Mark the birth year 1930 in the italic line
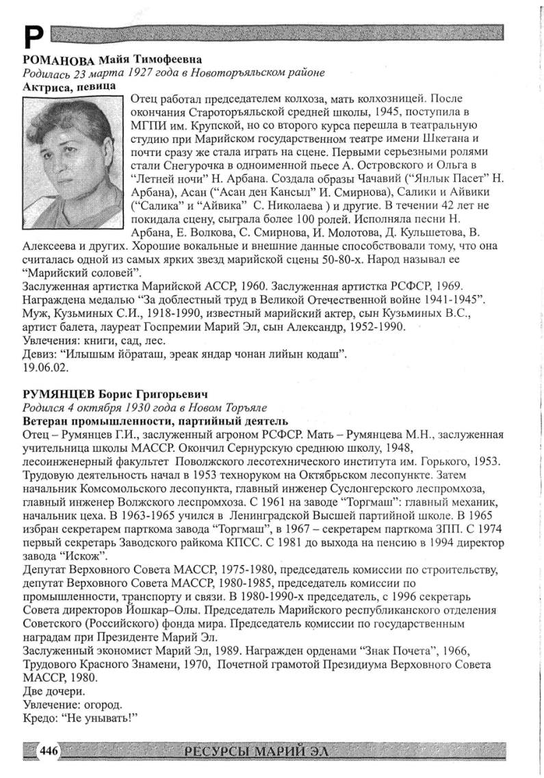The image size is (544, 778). tap(144, 406)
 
